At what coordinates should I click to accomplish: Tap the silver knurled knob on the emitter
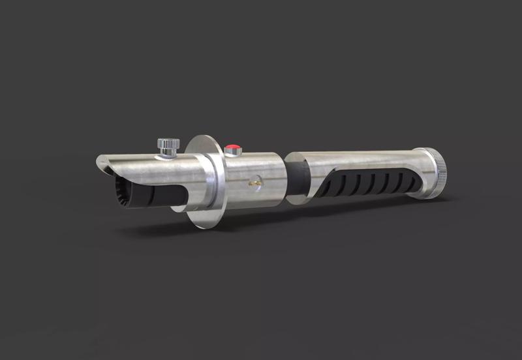pos(168,143)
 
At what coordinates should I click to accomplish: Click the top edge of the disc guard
pos(202,138)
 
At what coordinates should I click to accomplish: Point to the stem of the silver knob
pos(168,152)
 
